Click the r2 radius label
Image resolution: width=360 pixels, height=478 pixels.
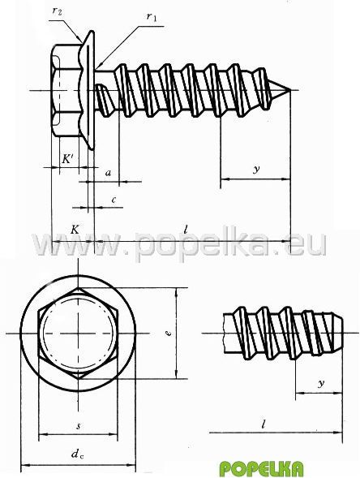click(x=57, y=11)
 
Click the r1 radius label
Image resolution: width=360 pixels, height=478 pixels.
click(x=152, y=16)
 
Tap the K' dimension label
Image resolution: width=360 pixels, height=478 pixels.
click(x=68, y=159)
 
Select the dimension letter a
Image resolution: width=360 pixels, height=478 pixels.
click(x=108, y=174)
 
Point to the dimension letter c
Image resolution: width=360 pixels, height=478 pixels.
click(x=114, y=200)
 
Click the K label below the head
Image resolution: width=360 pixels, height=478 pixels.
click(x=75, y=229)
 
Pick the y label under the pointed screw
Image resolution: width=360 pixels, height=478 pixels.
click(x=257, y=169)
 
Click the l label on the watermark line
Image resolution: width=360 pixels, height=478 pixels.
click(x=186, y=229)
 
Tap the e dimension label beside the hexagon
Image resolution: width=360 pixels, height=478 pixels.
click(x=169, y=333)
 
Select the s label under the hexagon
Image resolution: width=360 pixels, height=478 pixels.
click(x=79, y=426)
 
